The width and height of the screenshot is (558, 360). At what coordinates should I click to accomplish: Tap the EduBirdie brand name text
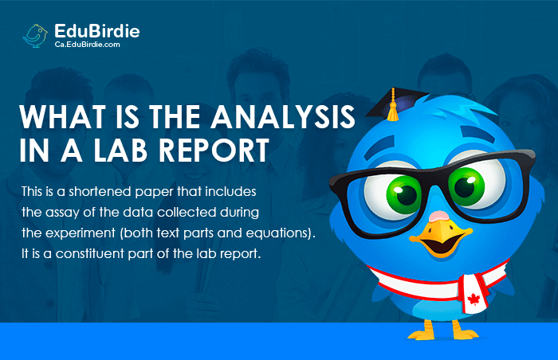tap(96, 31)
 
